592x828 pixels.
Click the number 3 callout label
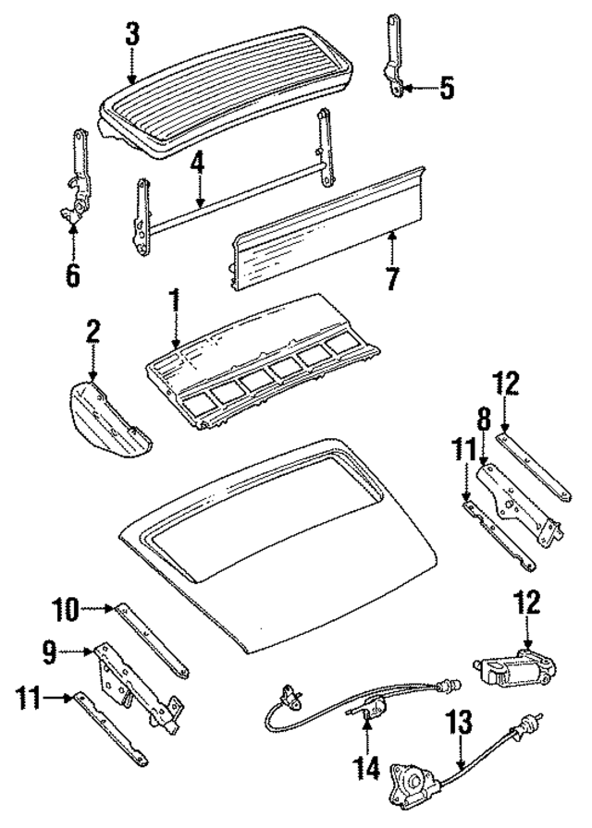132,35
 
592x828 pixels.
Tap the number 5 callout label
447,89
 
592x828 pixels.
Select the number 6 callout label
72,274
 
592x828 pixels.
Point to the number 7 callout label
392,278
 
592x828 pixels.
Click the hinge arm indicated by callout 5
393,55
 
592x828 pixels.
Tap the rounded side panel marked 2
105,416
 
